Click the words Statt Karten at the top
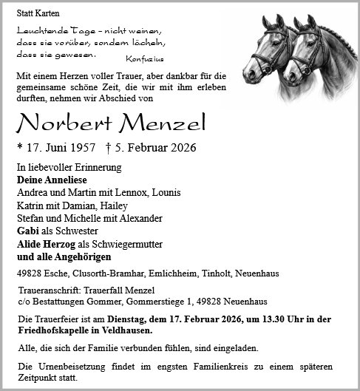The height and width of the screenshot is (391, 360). coord(38,13)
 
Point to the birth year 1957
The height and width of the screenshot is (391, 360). coord(83,148)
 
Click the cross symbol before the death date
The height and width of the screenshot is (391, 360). coord(108,147)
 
